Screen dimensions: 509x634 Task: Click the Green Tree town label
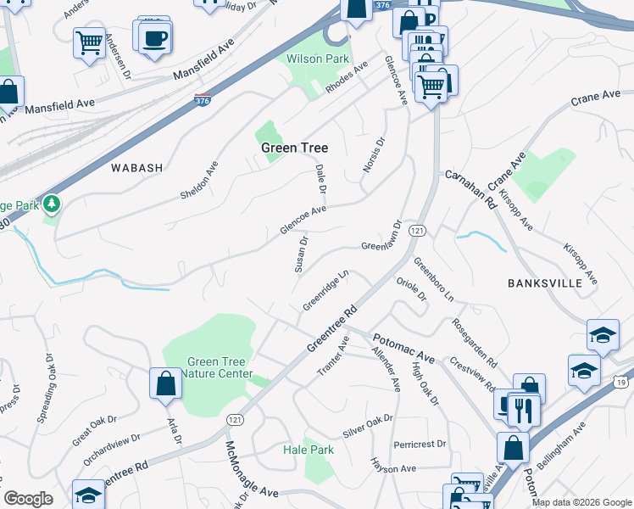294,148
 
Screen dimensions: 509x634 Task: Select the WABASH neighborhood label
136,168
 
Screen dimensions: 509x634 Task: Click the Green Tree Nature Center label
208,367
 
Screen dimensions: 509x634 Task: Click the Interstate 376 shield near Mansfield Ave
203,100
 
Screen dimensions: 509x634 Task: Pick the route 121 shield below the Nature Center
235,419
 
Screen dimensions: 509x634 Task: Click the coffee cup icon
156,38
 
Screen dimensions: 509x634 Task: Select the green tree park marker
52,204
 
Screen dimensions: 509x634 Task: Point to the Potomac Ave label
403,349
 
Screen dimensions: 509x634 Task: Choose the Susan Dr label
301,254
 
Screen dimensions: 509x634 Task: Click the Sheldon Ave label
200,181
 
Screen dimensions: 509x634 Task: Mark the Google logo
28,499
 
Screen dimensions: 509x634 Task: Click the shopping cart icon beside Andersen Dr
89,42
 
